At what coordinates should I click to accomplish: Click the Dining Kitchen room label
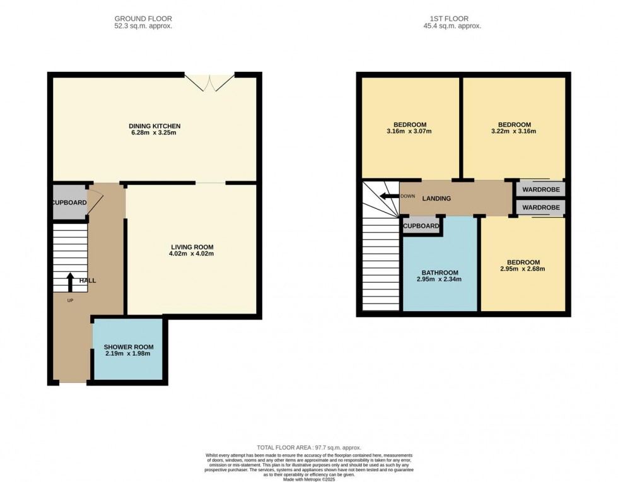click(x=154, y=126)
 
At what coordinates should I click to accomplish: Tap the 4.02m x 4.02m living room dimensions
click(x=192, y=254)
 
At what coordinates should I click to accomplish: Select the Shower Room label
click(x=129, y=346)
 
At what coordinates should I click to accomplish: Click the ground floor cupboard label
click(x=69, y=203)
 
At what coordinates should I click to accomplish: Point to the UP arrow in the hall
click(x=70, y=281)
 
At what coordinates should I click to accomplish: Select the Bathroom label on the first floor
click(x=440, y=272)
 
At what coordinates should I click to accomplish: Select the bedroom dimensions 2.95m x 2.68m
click(x=523, y=269)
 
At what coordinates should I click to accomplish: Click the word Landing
click(x=436, y=199)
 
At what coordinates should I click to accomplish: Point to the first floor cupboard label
click(x=421, y=226)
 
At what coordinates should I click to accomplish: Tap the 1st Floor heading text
click(x=452, y=19)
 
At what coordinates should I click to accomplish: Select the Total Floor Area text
click(x=308, y=447)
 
